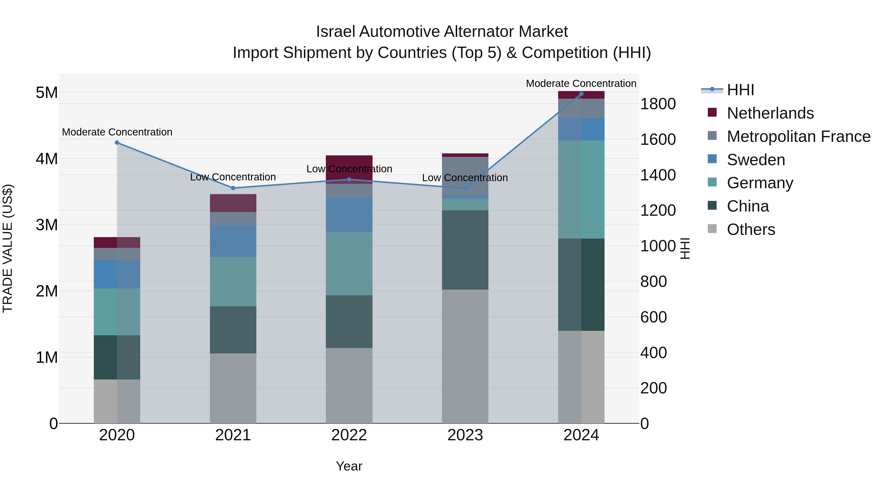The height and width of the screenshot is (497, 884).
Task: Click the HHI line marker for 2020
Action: coord(117,143)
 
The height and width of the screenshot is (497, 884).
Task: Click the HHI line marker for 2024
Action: coord(581,94)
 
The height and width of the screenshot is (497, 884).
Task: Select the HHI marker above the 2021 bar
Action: coord(233,188)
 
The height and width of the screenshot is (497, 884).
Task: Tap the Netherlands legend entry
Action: coord(770,113)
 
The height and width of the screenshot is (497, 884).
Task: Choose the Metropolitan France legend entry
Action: coord(798,136)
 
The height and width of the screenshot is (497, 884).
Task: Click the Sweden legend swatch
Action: coord(712,159)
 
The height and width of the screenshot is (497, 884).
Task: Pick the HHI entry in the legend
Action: coord(740,90)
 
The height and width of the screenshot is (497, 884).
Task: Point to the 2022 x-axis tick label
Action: coord(349,435)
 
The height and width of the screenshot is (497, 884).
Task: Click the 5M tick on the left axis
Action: coord(47,93)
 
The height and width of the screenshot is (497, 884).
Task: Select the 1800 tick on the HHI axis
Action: coord(658,104)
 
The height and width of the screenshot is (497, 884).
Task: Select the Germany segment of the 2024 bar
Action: coord(581,189)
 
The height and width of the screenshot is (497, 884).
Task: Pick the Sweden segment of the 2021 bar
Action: coord(233,241)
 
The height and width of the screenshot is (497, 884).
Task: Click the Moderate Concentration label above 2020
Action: coord(117,132)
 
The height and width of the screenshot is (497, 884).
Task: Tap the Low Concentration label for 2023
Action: coord(465,178)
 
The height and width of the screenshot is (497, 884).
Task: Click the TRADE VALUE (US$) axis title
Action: coord(8,248)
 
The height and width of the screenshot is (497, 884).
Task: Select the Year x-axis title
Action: coord(349,466)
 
